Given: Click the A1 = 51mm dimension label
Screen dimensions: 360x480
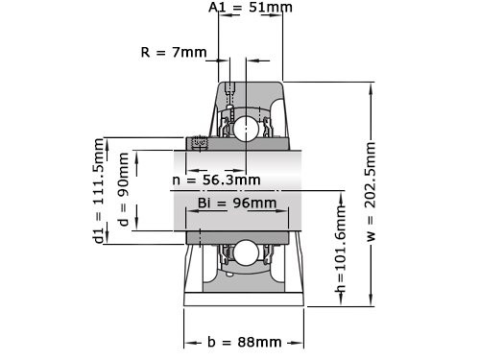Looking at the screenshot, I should coord(251,8).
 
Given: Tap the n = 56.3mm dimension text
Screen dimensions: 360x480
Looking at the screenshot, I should coord(216,180).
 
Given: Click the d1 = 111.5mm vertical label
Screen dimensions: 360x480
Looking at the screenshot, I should coord(98,191).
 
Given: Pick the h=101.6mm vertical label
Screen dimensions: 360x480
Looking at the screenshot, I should coord(340,252).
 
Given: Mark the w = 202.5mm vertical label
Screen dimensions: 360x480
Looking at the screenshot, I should coord(371,193).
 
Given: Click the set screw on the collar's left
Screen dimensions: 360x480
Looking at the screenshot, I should coord(201,144).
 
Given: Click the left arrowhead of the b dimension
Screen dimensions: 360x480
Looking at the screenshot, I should coord(188,342).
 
